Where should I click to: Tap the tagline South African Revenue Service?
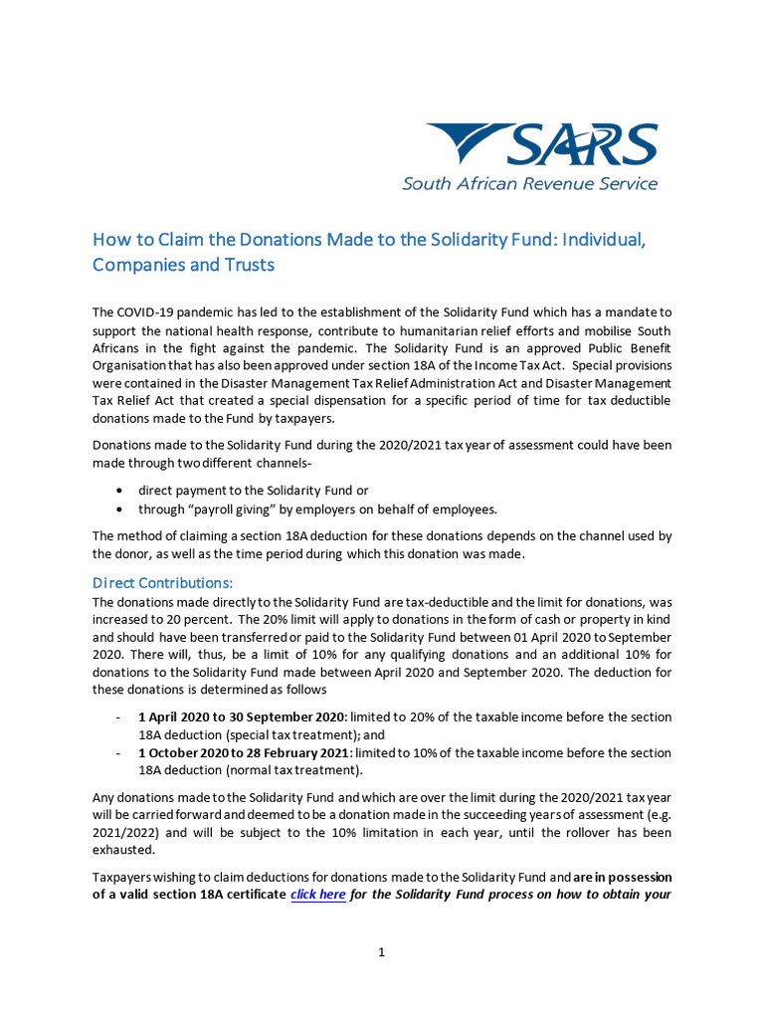(x=529, y=184)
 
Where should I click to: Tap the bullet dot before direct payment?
(x=120, y=491)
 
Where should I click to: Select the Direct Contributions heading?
(x=162, y=582)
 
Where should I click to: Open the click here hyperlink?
(x=318, y=895)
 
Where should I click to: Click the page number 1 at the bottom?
(x=381, y=952)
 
